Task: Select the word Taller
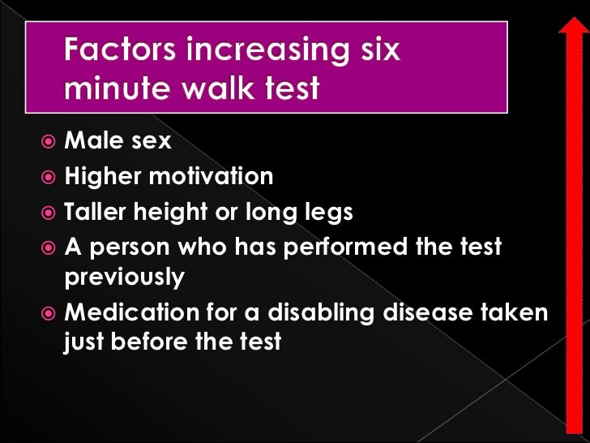pos(97,212)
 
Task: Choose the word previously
pos(124,278)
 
